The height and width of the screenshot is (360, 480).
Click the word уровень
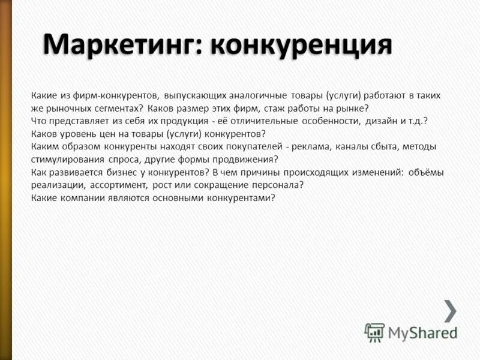click(x=76, y=134)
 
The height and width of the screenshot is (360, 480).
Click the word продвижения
click(x=247, y=160)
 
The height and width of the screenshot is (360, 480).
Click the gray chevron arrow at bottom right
click(x=450, y=310)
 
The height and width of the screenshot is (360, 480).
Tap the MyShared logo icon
click(x=374, y=332)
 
